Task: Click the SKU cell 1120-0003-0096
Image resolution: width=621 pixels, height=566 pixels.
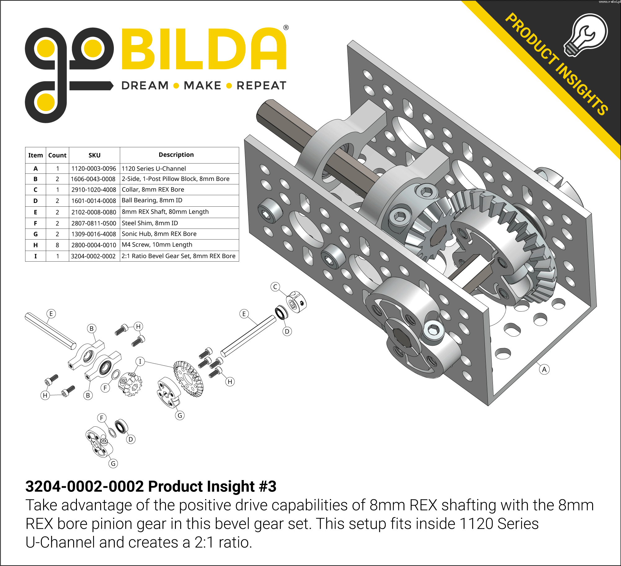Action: coord(94,168)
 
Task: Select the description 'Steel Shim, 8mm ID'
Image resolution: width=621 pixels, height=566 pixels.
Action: coord(150,223)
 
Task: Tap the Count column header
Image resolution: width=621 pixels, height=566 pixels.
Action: coord(57,155)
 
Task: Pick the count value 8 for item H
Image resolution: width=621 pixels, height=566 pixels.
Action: coord(57,245)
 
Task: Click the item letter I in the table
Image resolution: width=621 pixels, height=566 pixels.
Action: coord(35,256)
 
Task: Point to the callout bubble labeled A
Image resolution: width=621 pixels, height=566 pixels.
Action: coord(544,370)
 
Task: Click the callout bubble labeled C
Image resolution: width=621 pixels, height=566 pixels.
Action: coord(275,287)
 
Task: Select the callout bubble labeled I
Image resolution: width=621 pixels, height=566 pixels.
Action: coord(140,362)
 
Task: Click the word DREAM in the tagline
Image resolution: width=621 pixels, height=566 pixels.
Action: coord(145,85)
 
